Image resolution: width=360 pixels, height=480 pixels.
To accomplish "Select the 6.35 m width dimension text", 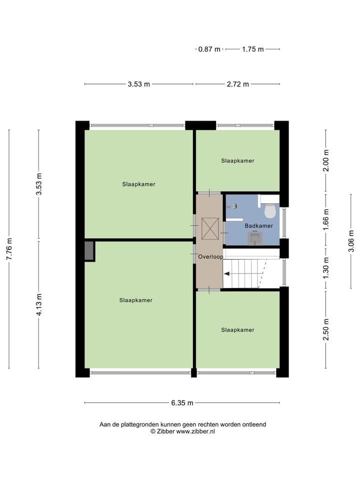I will coord(182,402).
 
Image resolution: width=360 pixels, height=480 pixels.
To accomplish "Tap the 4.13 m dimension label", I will coord(39,304).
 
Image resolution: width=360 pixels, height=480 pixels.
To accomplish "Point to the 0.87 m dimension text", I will coord(209,49).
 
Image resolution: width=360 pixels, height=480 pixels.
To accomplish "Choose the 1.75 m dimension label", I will coord(252,49).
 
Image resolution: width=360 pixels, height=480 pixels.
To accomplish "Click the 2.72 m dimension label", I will coord(237,84).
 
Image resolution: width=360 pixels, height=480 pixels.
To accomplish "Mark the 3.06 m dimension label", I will coord(351,241).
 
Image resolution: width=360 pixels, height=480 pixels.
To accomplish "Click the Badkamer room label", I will coord(258,226).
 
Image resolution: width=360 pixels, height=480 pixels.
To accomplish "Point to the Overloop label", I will coord(210,257).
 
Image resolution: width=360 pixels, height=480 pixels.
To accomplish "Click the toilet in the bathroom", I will coord(270,211).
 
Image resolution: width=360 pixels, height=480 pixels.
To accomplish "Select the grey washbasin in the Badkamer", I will coord(254,238).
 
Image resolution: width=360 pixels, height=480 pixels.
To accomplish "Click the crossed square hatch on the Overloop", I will coord(209,228).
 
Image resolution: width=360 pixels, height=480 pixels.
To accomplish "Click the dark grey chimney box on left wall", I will coord(89,250).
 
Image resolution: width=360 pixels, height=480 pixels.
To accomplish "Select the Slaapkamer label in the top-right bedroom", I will coord(237,160).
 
